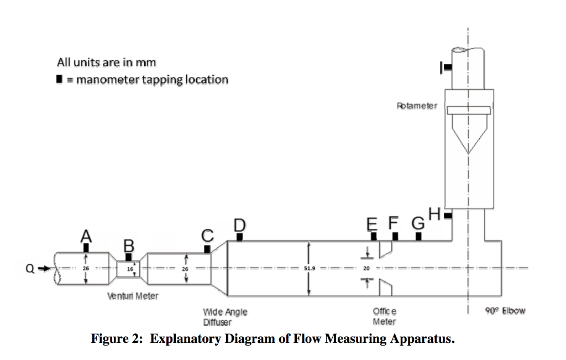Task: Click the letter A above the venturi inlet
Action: tap(86, 236)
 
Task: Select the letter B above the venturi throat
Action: tap(129, 246)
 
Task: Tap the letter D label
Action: tap(239, 225)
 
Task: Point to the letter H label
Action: tap(434, 213)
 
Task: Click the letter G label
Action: tap(418, 224)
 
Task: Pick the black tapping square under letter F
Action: tap(395, 237)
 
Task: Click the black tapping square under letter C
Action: tap(207, 249)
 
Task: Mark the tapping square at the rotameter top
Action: tap(448, 67)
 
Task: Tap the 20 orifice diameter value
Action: tap(366, 268)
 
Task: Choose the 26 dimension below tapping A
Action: tap(86, 268)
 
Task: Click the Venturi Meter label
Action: tap(133, 296)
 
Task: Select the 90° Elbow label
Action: tap(505, 310)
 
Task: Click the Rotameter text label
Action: tap(417, 105)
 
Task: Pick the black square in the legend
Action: tap(59, 80)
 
